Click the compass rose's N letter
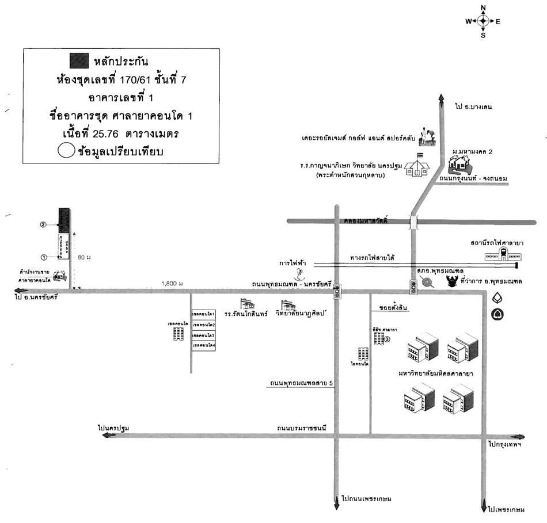pyautogui.click(x=483, y=7)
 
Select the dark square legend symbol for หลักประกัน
pyautogui.click(x=79, y=59)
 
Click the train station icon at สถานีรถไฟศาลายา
pyautogui.click(x=503, y=253)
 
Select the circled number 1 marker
pyautogui.click(x=43, y=256)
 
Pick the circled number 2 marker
pyautogui.click(x=43, y=224)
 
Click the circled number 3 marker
pyautogui.click(x=388, y=339)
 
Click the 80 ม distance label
pyautogui.click(x=84, y=257)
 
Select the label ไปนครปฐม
pyautogui.click(x=113, y=428)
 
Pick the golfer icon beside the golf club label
pyautogui.click(x=427, y=134)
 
